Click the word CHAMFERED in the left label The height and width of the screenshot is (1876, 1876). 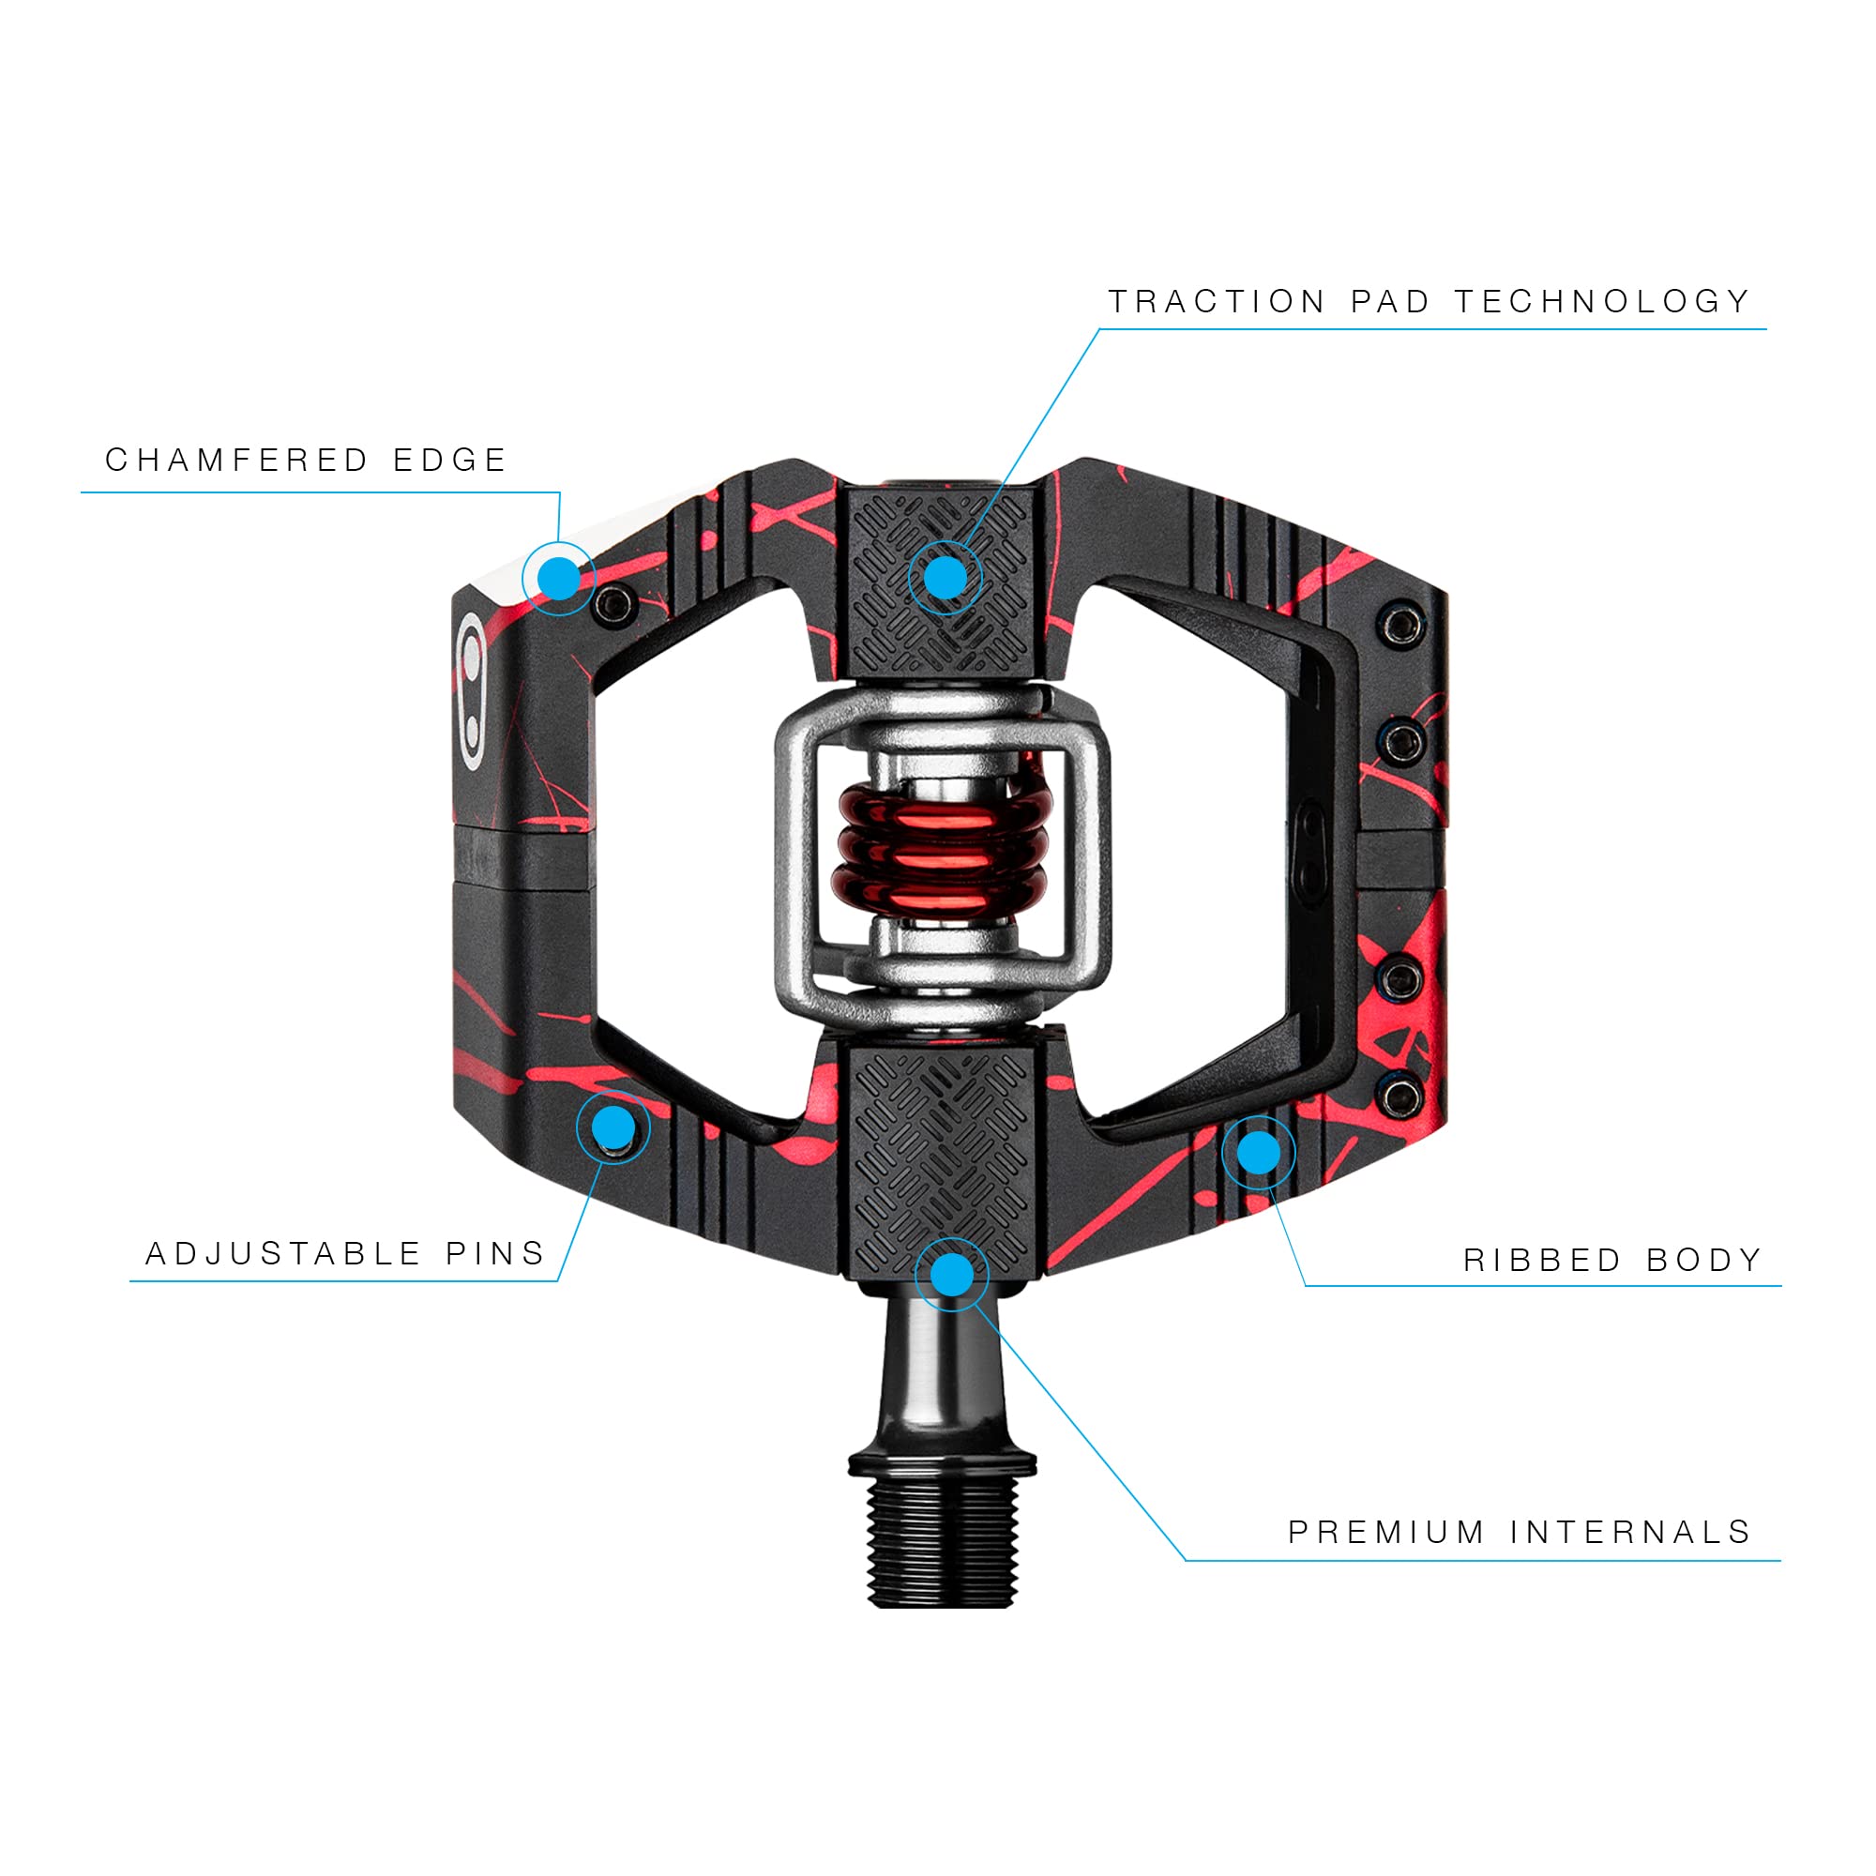click(x=237, y=461)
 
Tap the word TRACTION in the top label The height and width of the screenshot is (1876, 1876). click(x=1218, y=302)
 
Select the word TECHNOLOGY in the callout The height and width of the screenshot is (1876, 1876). click(x=1603, y=302)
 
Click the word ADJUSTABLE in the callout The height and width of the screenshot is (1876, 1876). click(x=283, y=1253)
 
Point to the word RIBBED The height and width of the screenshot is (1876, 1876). click(x=1543, y=1261)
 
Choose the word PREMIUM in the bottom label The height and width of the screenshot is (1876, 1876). click(x=1386, y=1533)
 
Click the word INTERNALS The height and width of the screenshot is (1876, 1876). click(x=1631, y=1533)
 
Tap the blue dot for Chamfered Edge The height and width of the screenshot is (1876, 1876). click(x=558, y=579)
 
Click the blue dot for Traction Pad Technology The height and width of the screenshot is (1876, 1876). click(x=945, y=579)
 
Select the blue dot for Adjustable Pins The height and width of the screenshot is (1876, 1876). click(x=613, y=1127)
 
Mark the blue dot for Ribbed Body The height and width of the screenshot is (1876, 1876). click(x=1259, y=1153)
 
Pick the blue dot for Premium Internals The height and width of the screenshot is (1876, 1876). click(x=951, y=1274)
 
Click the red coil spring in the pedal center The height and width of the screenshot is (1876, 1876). click(x=942, y=842)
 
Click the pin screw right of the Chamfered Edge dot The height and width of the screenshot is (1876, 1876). click(x=615, y=606)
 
